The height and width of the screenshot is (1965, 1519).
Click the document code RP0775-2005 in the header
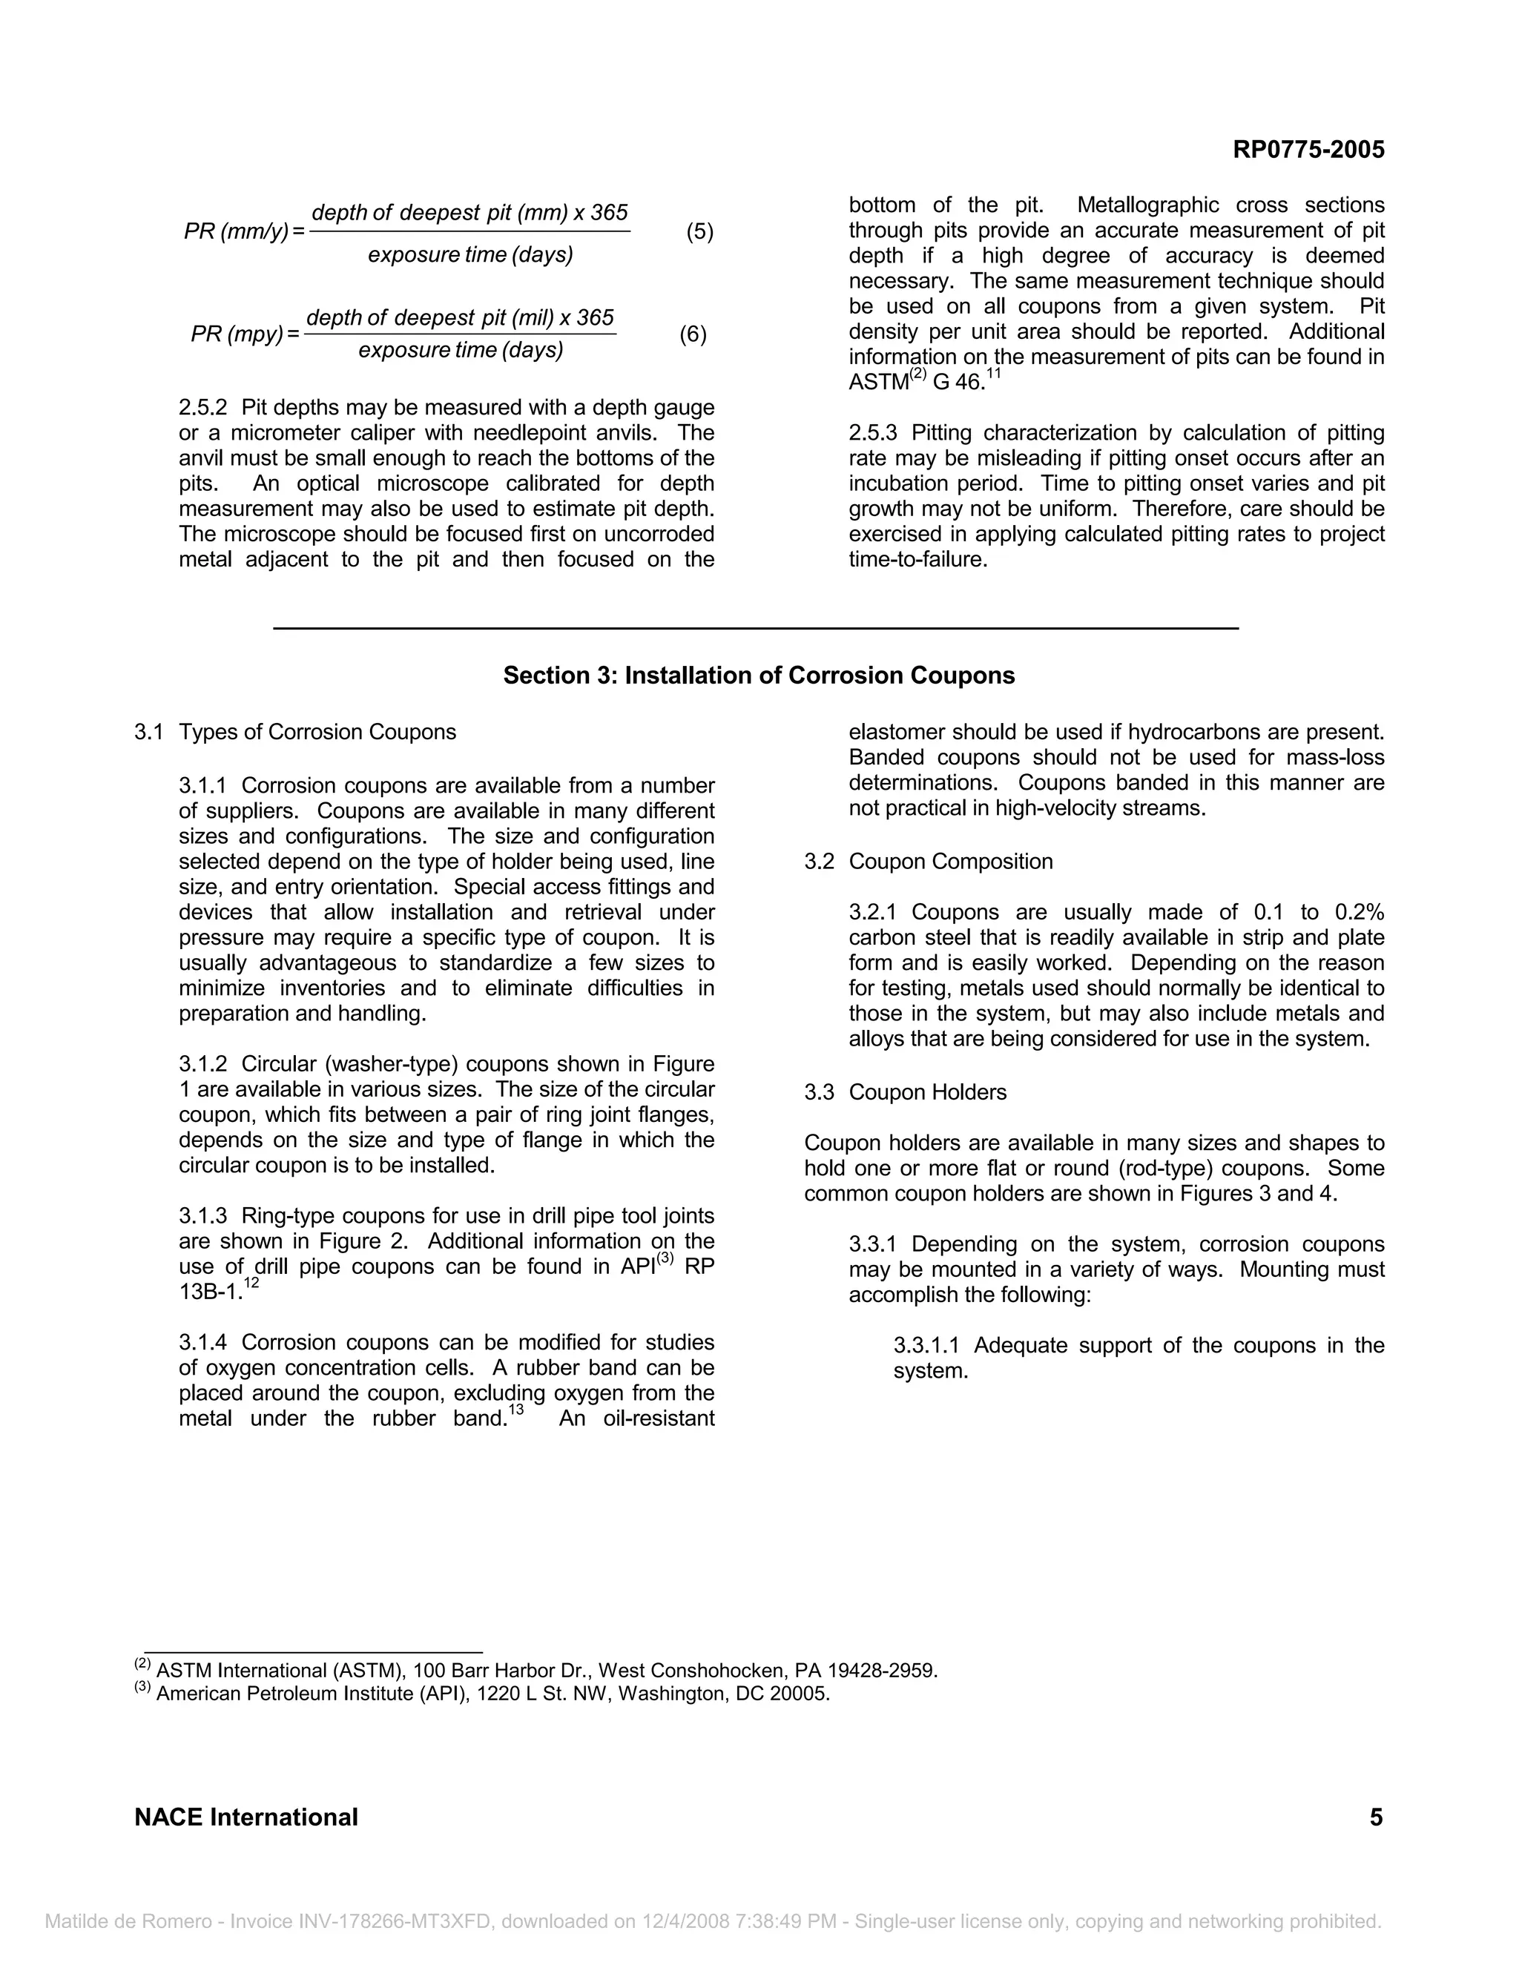1308,151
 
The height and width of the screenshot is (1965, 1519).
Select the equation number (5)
699,232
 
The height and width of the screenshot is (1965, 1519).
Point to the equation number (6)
693,334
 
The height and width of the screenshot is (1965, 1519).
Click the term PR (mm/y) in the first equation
236,232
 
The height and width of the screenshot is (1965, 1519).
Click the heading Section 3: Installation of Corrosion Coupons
759,676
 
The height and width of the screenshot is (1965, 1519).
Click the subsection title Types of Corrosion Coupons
317,733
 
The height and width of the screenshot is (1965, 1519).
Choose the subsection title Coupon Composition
950,861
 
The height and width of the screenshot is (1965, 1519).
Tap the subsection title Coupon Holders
927,1092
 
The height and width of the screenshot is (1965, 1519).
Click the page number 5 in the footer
1376,1817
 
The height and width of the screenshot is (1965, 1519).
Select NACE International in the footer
246,1817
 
